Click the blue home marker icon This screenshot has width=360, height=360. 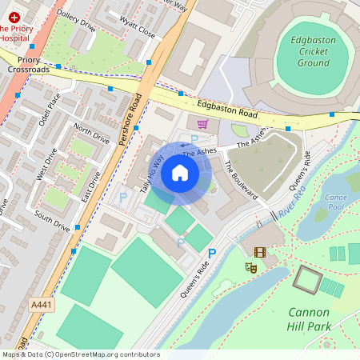180,173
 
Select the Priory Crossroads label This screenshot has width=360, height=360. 29,65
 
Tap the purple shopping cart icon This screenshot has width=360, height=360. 202,124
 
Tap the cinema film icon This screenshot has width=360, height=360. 259,252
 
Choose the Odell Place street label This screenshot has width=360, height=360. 49,110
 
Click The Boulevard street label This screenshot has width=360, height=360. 240,179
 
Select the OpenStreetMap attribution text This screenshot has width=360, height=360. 80,354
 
